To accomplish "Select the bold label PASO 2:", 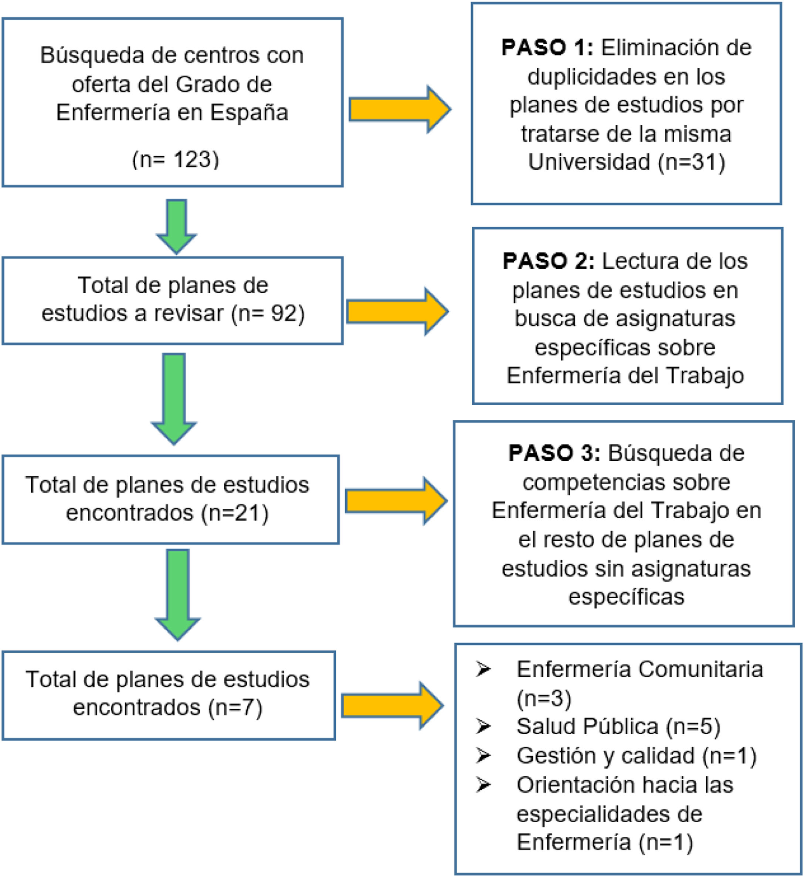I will (548, 261).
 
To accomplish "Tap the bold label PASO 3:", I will (554, 453).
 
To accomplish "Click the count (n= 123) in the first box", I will (175, 159).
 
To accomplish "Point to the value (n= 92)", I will (268, 314).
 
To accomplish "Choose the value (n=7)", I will (235, 707).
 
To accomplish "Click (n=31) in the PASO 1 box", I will (691, 162).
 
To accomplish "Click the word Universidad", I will (589, 162).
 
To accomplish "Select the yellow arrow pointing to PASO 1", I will (399, 109).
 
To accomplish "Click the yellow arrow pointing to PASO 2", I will (397, 312).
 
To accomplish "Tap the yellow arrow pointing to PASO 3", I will (396, 501).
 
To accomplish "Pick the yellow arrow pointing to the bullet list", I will (392, 705).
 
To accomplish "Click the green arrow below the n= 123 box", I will (176, 226).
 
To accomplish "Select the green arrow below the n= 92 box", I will (174, 398).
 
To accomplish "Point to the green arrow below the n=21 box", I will (177, 594).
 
